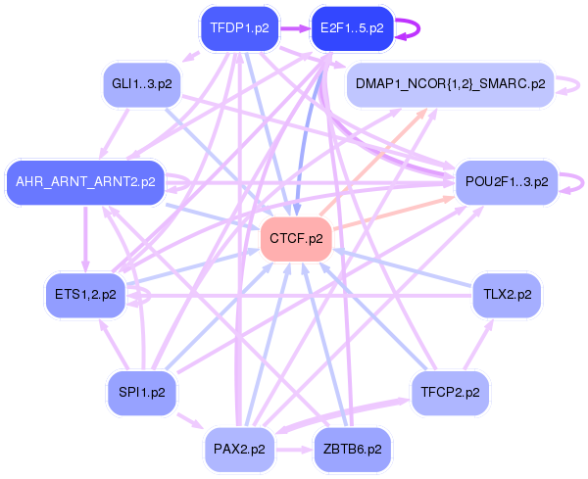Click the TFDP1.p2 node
click(x=240, y=28)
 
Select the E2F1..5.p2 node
click(x=352, y=28)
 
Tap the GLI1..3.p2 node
click(x=142, y=84)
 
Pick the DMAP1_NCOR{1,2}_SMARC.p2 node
click(x=450, y=84)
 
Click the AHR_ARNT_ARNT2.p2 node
click(x=85, y=182)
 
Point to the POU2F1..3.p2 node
click(x=507, y=182)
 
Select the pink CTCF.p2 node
click(x=296, y=239)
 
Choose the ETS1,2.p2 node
click(x=85, y=295)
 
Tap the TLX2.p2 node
click(x=507, y=295)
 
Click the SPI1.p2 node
click(x=142, y=393)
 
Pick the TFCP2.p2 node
click(x=450, y=393)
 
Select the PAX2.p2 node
click(x=239, y=449)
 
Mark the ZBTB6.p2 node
click(x=352, y=449)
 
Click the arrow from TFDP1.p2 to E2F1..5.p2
click(x=295, y=28)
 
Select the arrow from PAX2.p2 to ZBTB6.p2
click(x=294, y=449)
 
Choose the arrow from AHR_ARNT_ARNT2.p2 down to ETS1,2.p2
click(x=86, y=239)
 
